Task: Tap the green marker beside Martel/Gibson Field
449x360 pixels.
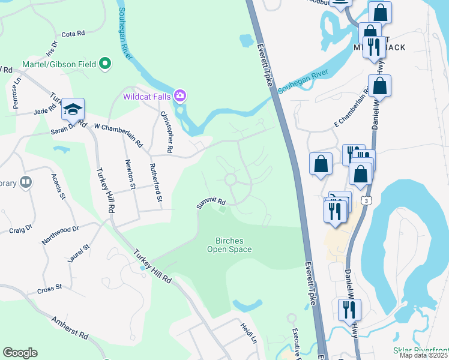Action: [106, 64]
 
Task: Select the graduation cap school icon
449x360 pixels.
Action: [73, 109]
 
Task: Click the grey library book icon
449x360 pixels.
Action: [25, 182]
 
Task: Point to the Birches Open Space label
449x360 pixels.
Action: [229, 245]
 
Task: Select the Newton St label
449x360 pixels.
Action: [128, 174]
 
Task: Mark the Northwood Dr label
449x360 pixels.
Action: [60, 235]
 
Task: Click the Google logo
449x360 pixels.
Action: [20, 353]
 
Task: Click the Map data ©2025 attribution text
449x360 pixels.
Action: [423, 355]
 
